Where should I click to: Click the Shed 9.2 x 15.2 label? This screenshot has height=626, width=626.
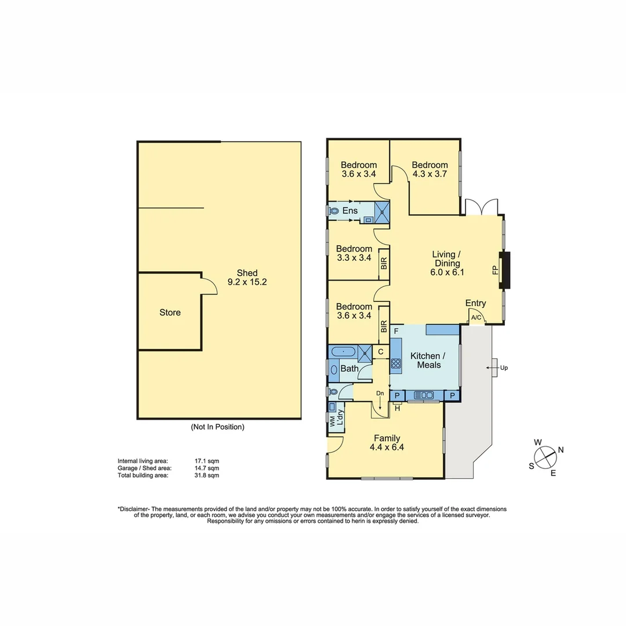(247, 278)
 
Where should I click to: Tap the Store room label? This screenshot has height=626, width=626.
(170, 312)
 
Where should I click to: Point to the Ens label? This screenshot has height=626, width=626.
(350, 210)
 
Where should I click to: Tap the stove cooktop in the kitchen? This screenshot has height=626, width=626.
(396, 364)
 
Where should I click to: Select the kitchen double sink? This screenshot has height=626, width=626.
(424, 395)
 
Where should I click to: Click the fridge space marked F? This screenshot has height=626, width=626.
(396, 331)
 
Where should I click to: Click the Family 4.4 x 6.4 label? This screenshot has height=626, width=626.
(387, 442)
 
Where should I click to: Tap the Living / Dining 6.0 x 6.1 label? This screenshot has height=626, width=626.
(447, 263)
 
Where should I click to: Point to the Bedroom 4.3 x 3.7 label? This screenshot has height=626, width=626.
(430, 169)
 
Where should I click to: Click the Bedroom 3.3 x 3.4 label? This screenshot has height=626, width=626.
(354, 253)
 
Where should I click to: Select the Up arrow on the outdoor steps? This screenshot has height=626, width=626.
(494, 367)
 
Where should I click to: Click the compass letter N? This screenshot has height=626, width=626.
(561, 450)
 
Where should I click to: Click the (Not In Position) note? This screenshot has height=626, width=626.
(217, 427)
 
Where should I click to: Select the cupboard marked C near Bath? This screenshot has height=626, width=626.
(381, 351)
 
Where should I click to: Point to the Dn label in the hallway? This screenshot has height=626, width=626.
(380, 393)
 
